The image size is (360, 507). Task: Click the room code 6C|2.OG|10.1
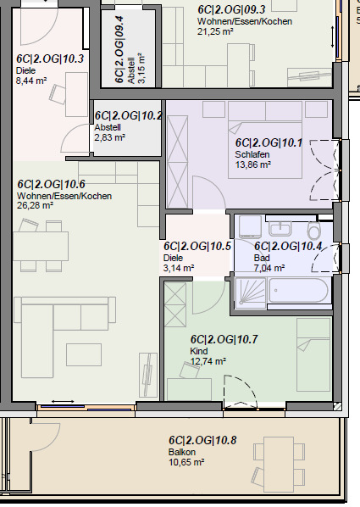coord(269,142)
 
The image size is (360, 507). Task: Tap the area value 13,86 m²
coord(252,164)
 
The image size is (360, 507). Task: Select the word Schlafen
coord(252,154)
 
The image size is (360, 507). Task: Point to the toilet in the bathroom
coord(315,231)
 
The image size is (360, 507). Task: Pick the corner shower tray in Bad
coord(250,291)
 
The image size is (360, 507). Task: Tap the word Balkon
coord(181,452)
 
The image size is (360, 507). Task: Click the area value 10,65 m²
coord(187,462)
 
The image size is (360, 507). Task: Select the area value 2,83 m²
coord(109,136)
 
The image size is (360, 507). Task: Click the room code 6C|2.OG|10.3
coord(50,58)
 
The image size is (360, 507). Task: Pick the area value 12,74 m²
coord(208,360)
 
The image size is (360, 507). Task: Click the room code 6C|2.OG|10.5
coord(197,246)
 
